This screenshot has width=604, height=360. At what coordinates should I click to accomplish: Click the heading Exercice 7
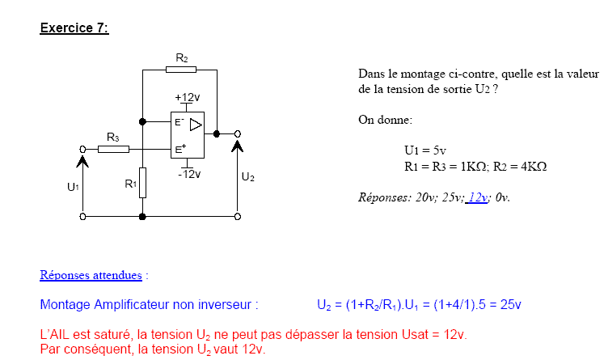tap(74, 28)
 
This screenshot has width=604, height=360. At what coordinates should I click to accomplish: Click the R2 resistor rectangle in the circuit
tap(181, 70)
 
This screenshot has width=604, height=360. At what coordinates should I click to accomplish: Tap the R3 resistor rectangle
tap(113, 149)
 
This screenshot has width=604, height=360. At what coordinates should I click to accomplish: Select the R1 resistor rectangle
tap(142, 180)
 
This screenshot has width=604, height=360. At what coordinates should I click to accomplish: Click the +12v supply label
tap(187, 97)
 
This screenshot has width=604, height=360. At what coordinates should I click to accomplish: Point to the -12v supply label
tap(189, 174)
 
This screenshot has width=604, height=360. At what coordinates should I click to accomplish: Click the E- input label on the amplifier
tap(180, 122)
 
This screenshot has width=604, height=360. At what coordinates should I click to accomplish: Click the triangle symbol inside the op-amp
tap(195, 125)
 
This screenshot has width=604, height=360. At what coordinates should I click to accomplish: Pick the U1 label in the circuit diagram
tap(73, 187)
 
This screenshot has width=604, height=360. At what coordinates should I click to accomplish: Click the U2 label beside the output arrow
tap(247, 176)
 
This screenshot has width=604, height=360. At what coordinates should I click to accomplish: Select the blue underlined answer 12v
tap(478, 197)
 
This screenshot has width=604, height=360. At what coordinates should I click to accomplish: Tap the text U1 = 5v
tap(425, 150)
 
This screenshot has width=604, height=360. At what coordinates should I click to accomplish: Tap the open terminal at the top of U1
tap(83, 149)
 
